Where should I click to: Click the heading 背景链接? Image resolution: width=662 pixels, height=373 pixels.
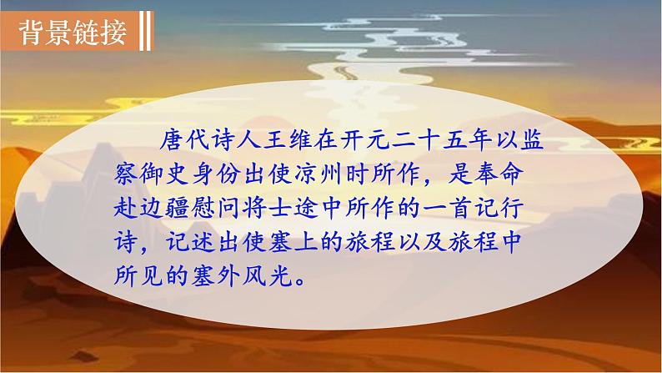pos(73,32)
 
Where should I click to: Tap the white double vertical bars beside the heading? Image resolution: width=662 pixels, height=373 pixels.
pos(145,31)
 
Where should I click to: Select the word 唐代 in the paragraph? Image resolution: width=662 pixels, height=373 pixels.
pos(185,140)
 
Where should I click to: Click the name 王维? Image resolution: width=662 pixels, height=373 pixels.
pos(288,140)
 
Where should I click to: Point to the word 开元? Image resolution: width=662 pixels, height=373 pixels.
pos(365,140)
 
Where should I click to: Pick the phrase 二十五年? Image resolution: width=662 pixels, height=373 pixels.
pos(442,140)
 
